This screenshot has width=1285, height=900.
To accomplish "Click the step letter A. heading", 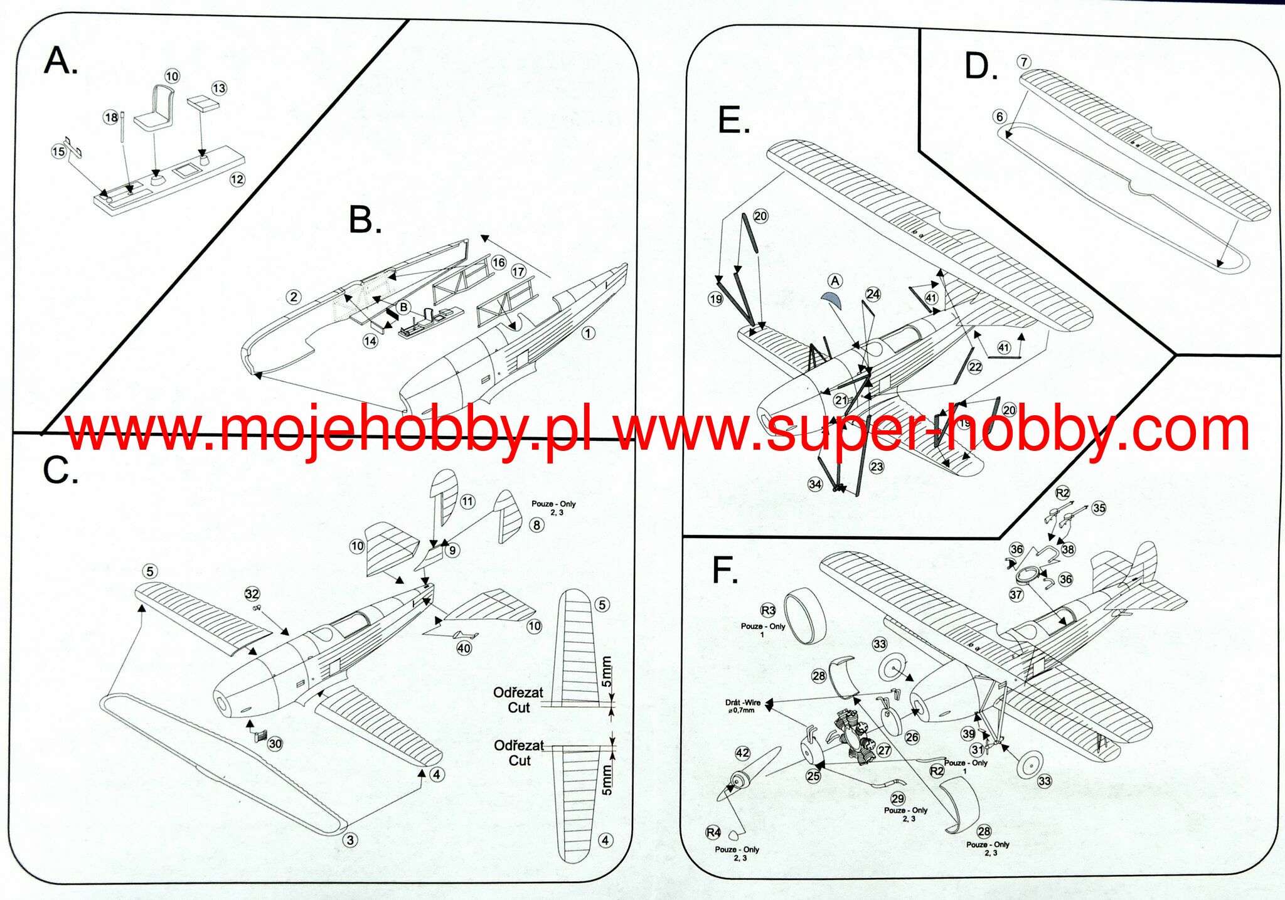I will [x=61, y=62].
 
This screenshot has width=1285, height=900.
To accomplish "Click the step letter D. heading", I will [x=981, y=67].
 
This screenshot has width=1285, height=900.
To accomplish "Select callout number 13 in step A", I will [x=219, y=88].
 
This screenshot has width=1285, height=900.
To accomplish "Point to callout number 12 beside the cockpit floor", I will [x=237, y=179].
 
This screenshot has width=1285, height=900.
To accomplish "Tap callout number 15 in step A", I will [x=58, y=151].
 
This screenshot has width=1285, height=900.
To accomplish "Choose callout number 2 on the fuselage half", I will [x=293, y=297].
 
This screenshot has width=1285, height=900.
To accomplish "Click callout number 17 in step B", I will [x=518, y=272].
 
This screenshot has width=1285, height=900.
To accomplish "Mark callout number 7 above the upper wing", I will [x=1024, y=62].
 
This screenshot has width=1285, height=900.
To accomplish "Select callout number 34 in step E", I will [x=815, y=484].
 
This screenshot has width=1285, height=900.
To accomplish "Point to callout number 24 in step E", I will [x=873, y=294].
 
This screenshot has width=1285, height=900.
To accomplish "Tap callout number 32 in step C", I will [x=252, y=594].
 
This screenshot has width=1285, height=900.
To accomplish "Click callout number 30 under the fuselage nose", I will [x=275, y=744].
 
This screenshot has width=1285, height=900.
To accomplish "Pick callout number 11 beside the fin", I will [x=467, y=501].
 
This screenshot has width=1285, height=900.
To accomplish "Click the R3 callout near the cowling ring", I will [x=768, y=610].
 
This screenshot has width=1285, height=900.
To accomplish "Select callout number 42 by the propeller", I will [x=742, y=753].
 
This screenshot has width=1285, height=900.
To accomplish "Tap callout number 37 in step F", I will [x=1016, y=595].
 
